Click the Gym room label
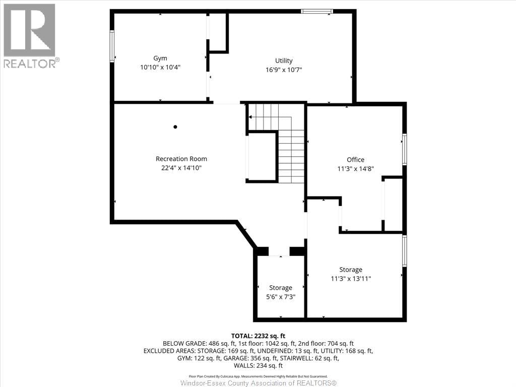(160, 58)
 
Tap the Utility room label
(284, 60)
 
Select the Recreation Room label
(181, 159)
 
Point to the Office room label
(355, 160)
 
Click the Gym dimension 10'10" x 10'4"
(160, 67)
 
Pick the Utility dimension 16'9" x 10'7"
(284, 70)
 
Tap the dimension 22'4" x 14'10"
(181, 168)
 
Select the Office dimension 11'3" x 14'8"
(355, 169)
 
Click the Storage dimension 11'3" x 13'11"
(351, 279)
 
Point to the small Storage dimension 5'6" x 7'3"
(281, 297)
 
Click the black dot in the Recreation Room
(175, 127)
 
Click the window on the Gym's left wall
(112, 46)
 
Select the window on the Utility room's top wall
(317, 11)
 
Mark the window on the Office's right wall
(405, 149)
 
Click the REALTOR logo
(30, 35)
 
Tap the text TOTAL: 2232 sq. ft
(258, 336)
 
